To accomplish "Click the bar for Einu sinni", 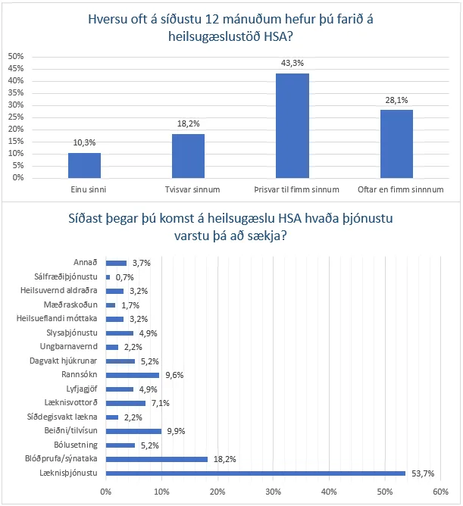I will (84, 165).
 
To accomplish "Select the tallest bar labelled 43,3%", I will (292, 125).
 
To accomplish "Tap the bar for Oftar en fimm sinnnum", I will (396, 144).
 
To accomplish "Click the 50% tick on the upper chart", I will (15, 57).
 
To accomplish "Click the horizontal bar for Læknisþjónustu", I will (255, 473).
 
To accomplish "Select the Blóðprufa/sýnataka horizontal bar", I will (157, 459).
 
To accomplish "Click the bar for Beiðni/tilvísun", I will (133, 431).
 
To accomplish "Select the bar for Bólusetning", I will (120, 445).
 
